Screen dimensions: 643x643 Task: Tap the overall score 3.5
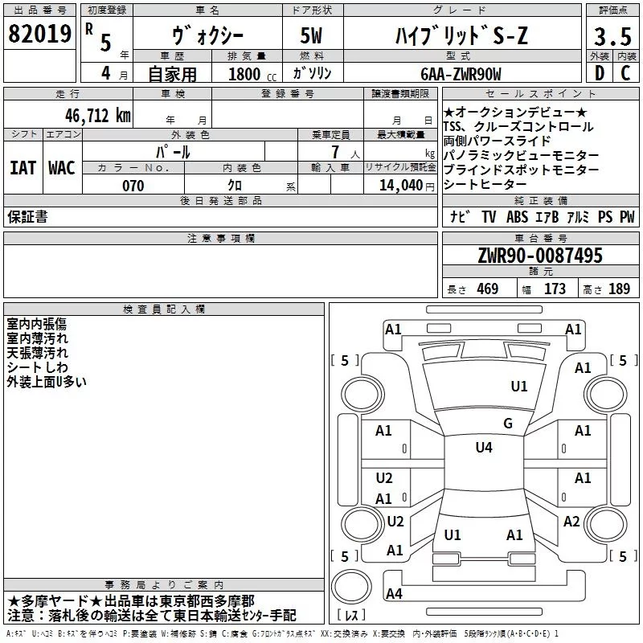coord(612,37)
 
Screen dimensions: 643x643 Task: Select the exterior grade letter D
coord(600,73)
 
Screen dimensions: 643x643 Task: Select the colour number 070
coord(133,186)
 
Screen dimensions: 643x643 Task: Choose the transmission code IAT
coord(23,168)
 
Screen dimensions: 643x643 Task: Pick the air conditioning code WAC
coord(62,168)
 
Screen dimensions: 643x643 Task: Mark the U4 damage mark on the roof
coord(483,448)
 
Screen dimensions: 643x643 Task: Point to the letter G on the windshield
coord(507,424)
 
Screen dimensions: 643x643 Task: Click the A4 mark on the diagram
coord(394,594)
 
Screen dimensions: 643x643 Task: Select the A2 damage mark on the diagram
coord(571,522)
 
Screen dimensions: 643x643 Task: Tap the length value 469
coord(485,289)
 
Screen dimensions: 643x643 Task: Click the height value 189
coord(619,289)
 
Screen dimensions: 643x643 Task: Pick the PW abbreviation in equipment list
coord(627,217)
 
